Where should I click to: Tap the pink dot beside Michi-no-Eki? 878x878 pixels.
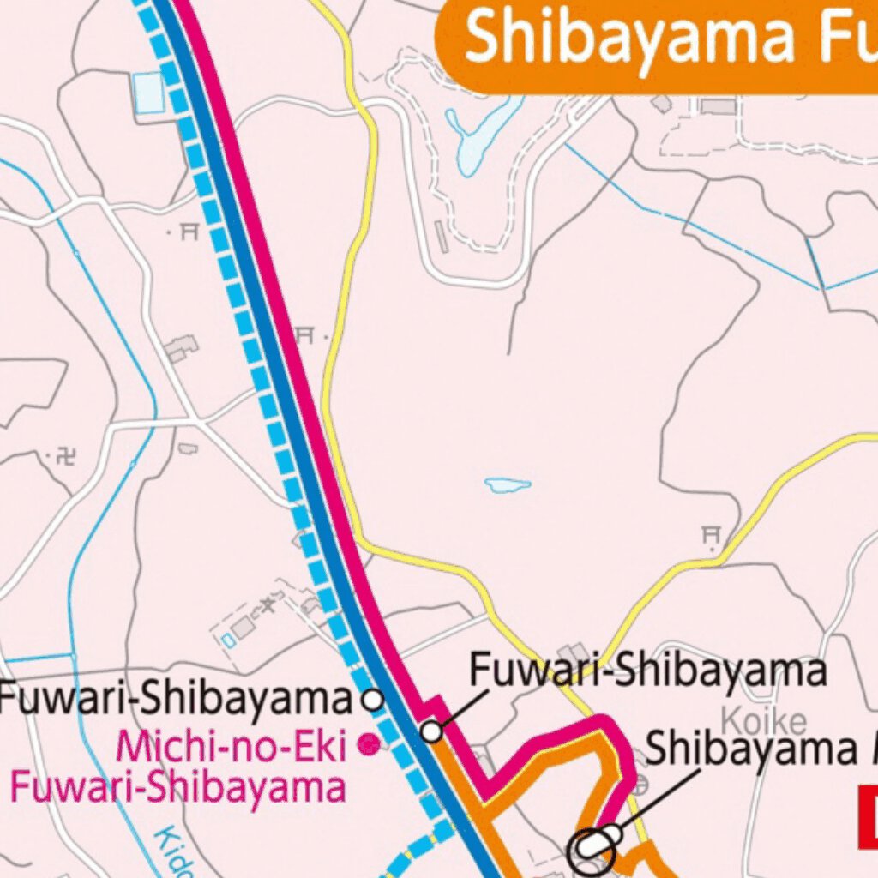point(369,744)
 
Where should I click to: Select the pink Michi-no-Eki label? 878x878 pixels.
point(232,746)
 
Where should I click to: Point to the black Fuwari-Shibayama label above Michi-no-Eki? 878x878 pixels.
point(176,700)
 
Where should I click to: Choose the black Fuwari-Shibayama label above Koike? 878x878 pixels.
point(648,670)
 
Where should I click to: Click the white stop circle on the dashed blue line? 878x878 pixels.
point(373,699)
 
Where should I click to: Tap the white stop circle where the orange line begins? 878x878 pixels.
point(432,731)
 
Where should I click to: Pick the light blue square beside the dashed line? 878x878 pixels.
point(148,92)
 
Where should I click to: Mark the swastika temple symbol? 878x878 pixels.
point(65,456)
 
